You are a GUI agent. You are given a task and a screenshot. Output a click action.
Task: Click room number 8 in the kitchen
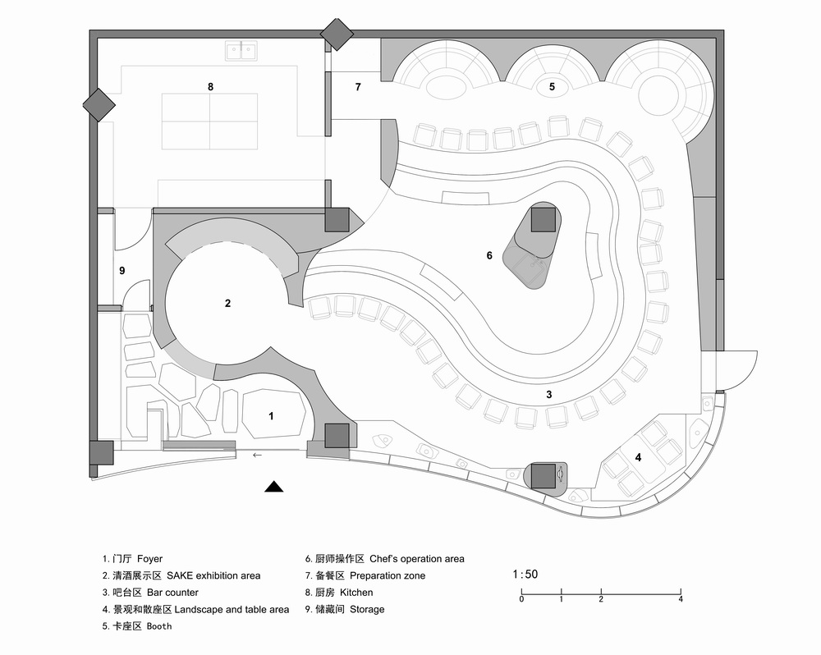(x=210, y=86)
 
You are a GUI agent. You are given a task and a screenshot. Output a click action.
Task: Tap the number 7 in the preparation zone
(x=357, y=86)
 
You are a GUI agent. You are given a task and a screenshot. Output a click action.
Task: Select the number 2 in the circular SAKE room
(x=227, y=303)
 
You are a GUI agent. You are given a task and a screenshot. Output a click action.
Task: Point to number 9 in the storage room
(x=122, y=270)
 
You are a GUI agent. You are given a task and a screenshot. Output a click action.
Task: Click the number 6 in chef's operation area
(x=489, y=255)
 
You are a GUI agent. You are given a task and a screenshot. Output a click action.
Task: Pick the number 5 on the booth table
(x=552, y=86)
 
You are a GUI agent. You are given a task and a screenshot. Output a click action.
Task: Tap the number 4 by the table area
(x=638, y=456)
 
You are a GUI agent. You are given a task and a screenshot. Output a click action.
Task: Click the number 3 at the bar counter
(x=548, y=395)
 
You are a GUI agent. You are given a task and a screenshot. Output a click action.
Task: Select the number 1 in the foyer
(x=271, y=417)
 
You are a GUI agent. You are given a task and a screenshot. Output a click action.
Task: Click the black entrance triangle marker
(x=274, y=488)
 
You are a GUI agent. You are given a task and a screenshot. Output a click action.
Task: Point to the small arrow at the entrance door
(x=258, y=455)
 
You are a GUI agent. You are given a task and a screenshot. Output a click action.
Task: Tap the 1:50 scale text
(x=525, y=575)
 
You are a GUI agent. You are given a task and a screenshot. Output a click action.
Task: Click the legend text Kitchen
(x=355, y=593)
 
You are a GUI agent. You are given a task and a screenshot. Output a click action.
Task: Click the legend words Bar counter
(x=172, y=593)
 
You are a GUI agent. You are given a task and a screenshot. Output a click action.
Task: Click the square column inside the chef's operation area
(x=543, y=220)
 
